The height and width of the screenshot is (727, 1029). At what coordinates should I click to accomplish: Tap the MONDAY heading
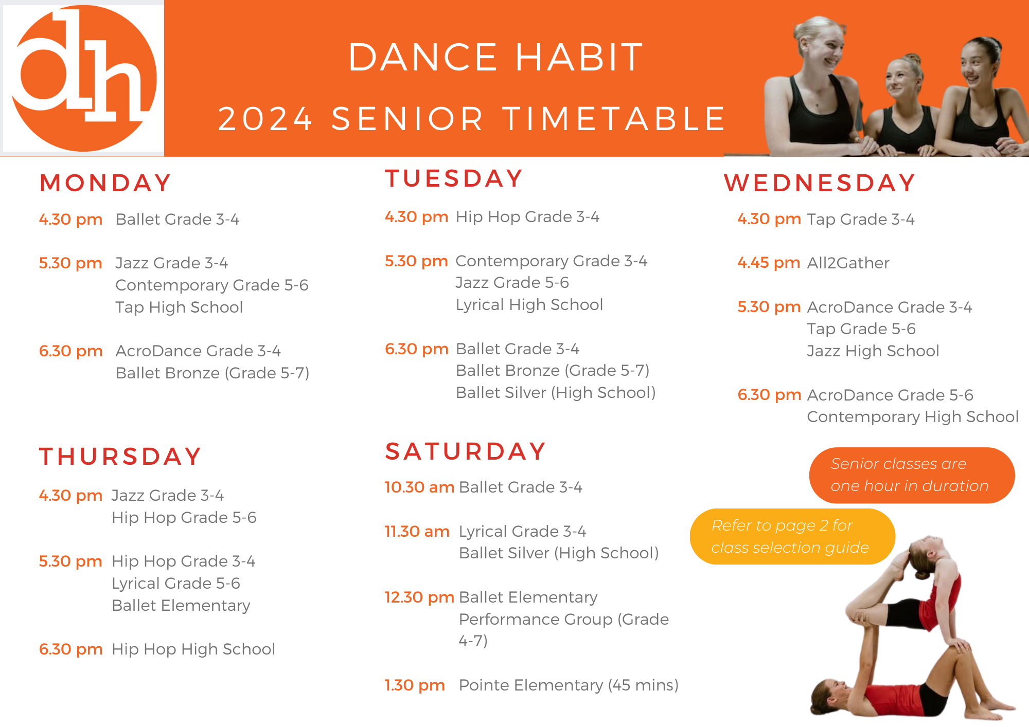[x=105, y=183]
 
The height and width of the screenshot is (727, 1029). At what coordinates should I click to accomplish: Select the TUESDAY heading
[x=454, y=179]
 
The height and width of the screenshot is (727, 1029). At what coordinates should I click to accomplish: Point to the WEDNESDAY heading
[x=820, y=183]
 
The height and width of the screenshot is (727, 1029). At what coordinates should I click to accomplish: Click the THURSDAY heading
[x=120, y=457]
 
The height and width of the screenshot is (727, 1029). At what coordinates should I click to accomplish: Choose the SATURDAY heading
[x=465, y=451]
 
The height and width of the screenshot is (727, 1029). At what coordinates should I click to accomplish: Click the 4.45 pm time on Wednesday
[x=769, y=263]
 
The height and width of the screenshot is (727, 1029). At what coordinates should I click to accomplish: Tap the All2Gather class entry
[x=848, y=263]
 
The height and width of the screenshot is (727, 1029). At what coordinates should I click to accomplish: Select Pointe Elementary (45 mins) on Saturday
[x=569, y=685]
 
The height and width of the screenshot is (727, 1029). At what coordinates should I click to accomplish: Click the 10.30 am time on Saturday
[x=419, y=487]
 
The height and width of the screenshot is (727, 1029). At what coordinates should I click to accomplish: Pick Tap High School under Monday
[x=179, y=307]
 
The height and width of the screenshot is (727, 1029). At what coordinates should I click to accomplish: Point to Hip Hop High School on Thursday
[x=193, y=649]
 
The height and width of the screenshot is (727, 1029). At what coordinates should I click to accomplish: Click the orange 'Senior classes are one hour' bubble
[x=911, y=475]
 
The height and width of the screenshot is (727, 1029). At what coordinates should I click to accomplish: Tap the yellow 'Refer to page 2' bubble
[x=792, y=536]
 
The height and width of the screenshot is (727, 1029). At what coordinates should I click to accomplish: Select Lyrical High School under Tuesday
[x=529, y=305]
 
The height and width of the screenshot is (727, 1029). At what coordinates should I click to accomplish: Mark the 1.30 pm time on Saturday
[x=415, y=685]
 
